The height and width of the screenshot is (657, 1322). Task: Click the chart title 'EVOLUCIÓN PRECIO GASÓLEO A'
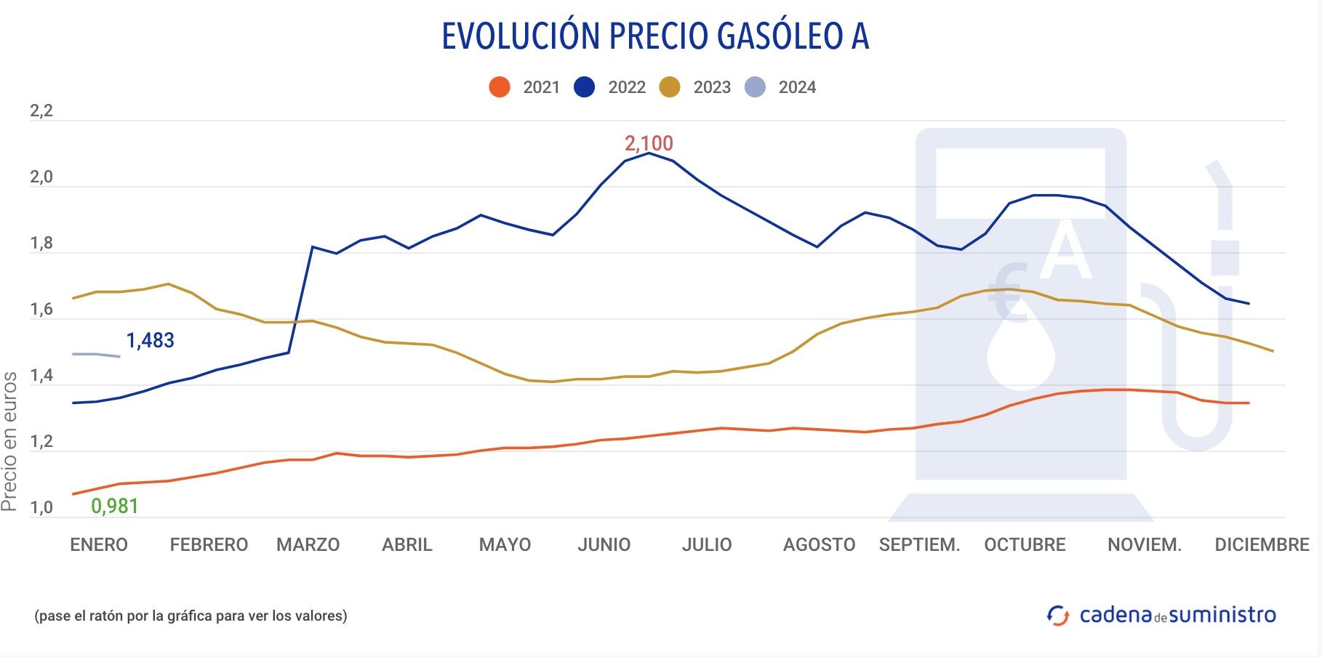click(x=655, y=36)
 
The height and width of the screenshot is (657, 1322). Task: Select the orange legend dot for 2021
click(x=500, y=87)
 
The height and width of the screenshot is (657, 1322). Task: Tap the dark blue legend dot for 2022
click(x=585, y=87)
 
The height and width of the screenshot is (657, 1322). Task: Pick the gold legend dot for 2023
click(x=670, y=87)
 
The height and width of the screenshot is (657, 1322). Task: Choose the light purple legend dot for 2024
click(x=756, y=87)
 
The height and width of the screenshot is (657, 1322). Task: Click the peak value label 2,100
click(x=649, y=143)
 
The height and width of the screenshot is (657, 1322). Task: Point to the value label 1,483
click(x=150, y=340)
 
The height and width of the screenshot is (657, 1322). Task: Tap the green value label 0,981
click(x=114, y=506)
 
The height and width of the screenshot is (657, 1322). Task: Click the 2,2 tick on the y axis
click(x=41, y=111)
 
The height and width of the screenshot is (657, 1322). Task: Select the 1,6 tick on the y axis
click(x=41, y=310)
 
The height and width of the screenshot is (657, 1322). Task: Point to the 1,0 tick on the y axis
click(x=41, y=508)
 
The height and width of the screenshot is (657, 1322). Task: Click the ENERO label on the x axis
click(x=99, y=544)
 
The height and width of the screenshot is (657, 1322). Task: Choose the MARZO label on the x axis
click(x=308, y=544)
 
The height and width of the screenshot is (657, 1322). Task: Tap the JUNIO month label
click(x=604, y=544)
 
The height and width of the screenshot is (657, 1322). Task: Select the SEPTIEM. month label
click(x=919, y=544)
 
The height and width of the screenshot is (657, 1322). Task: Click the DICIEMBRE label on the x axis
click(x=1262, y=544)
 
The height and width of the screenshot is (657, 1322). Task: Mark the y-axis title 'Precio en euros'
click(x=9, y=441)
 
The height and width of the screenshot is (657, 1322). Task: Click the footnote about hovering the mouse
click(x=191, y=616)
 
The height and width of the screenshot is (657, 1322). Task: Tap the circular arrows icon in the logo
click(x=1058, y=615)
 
